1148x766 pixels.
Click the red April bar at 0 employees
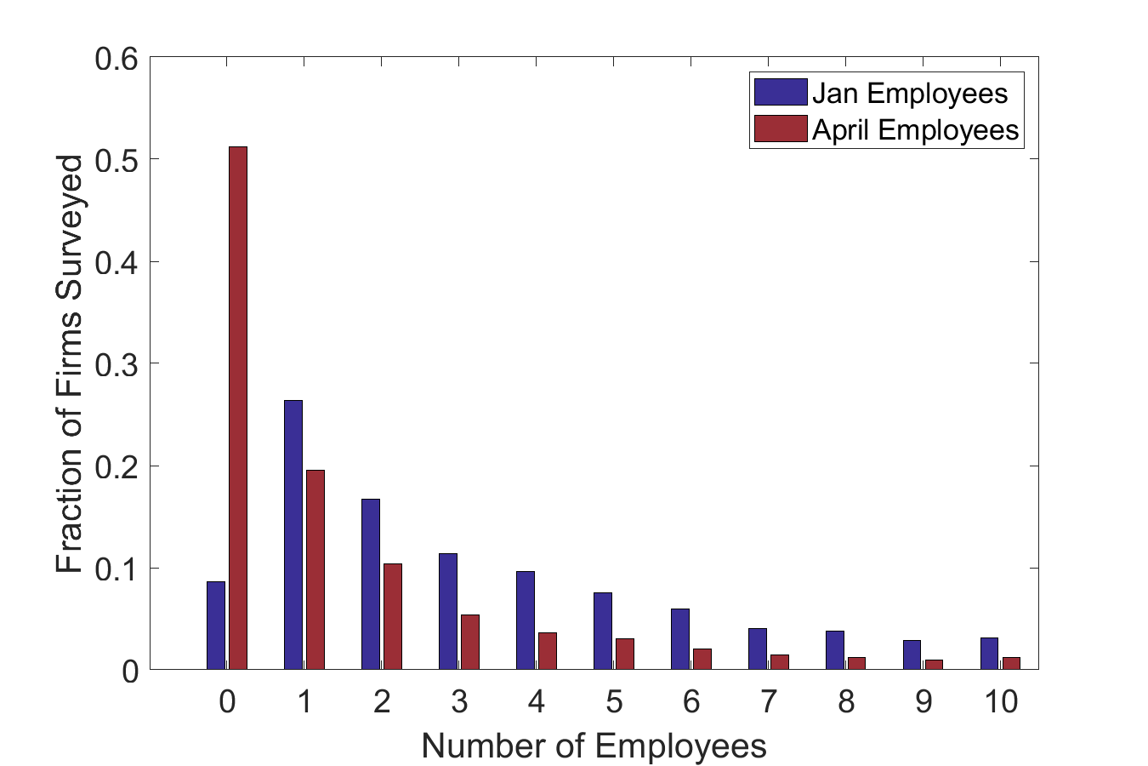pyautogui.click(x=238, y=408)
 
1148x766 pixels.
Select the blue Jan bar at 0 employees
pyautogui.click(x=216, y=626)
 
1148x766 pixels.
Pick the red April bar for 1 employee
pyautogui.click(x=315, y=569)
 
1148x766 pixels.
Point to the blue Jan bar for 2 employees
pyautogui.click(x=371, y=584)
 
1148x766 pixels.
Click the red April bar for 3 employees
pyautogui.click(x=470, y=642)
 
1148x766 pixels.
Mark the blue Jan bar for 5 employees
pyautogui.click(x=603, y=631)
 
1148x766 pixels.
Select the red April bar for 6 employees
pyautogui.click(x=702, y=659)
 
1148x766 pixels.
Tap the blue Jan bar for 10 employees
pyautogui.click(x=989, y=653)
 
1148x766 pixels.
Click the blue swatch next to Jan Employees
pyautogui.click(x=780, y=92)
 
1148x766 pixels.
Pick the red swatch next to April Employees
pyautogui.click(x=780, y=129)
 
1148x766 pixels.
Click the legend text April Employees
pyautogui.click(x=915, y=129)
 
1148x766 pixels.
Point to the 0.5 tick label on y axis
pyautogui.click(x=116, y=160)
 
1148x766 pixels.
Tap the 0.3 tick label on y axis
pyautogui.click(x=116, y=364)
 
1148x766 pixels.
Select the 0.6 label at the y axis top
pyautogui.click(x=116, y=60)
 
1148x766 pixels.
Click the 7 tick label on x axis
pyautogui.click(x=769, y=701)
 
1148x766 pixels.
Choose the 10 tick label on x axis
pyautogui.click(x=1000, y=701)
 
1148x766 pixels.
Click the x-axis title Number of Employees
pyautogui.click(x=594, y=746)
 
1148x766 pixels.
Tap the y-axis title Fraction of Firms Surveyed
pyautogui.click(x=71, y=364)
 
